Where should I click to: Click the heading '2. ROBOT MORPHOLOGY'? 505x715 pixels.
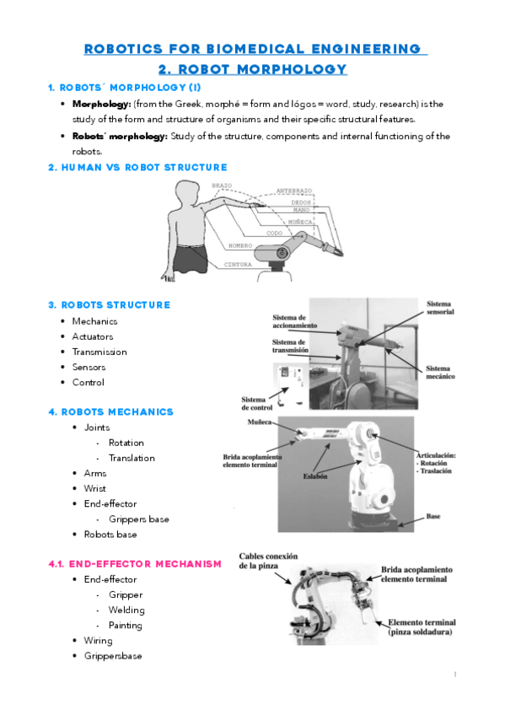point(252,69)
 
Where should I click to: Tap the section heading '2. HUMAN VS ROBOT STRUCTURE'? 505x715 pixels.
point(137,168)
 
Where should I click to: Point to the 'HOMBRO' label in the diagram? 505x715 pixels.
point(240,245)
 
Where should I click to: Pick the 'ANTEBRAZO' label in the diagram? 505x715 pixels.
point(294,191)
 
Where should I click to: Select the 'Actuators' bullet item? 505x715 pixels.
point(92,336)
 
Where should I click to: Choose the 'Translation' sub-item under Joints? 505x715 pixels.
point(132,458)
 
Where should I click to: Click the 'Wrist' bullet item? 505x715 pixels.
point(94,489)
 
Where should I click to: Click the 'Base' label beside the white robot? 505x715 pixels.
point(433,516)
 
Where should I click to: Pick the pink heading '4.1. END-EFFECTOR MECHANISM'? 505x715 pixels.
point(135,564)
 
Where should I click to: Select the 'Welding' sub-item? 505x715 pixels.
point(126,610)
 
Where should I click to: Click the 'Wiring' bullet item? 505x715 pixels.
point(98,641)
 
